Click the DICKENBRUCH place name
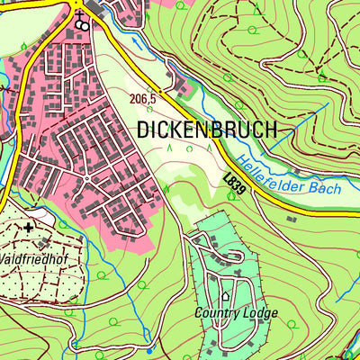point(206,130)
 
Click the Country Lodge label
point(236,313)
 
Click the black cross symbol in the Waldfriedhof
point(29,228)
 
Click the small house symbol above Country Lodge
point(225,294)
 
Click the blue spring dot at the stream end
point(75,343)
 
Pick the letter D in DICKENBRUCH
point(144,130)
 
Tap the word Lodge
point(260,313)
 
